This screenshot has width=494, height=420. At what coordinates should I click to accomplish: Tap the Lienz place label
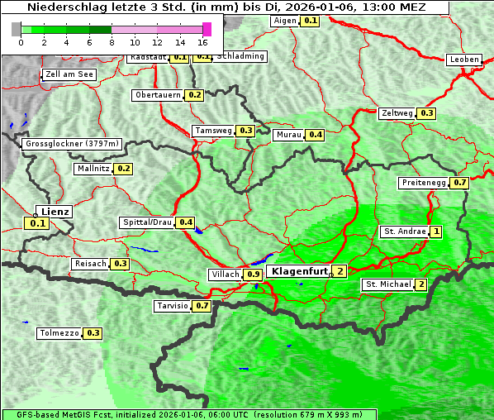point(55,212)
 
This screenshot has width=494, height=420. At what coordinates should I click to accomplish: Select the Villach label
point(225,274)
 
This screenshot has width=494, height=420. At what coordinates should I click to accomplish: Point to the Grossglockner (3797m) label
point(73,144)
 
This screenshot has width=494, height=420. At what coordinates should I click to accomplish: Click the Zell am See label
point(69,74)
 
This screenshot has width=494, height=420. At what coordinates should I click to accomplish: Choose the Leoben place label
point(463,60)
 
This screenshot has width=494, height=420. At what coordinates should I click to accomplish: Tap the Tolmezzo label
point(59,333)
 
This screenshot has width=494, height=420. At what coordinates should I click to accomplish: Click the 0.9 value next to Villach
point(254,274)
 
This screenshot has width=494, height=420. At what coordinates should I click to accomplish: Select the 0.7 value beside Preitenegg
point(459,183)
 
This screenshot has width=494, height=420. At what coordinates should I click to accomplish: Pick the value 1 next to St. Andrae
point(436,231)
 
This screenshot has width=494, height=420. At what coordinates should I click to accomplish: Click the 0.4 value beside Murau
point(315,134)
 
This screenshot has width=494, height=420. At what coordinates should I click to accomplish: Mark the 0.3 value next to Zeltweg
point(426,113)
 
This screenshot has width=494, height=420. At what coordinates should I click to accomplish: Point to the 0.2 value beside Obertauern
point(194,95)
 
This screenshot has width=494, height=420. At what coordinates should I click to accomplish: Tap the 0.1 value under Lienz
point(37,223)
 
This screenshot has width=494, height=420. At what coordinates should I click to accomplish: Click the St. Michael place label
point(388,284)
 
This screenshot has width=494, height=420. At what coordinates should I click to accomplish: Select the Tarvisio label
point(173,306)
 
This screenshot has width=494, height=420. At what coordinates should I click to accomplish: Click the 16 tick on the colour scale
point(203,41)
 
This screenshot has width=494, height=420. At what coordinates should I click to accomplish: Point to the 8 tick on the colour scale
point(112,41)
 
